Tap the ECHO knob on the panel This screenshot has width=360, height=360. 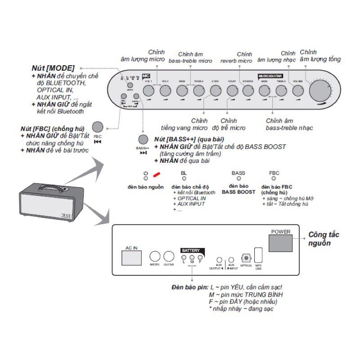coord(216,90)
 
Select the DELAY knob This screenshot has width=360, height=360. coord(232,90)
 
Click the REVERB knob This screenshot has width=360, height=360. coord(248,90)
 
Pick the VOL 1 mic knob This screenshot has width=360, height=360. coord(149,90)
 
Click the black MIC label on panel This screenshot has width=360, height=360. coord(145,76)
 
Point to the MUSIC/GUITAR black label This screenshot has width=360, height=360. coord(270,76)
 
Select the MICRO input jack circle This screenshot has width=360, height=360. coord(155,256)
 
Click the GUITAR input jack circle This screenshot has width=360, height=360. coord(169,256)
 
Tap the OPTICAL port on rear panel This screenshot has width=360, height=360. coord(246,258)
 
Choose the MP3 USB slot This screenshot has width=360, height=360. coord(258,255)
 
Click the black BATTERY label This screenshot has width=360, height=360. coord(191,250)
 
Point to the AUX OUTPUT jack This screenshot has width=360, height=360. coord(219,260)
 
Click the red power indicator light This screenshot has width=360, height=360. coord(157,175)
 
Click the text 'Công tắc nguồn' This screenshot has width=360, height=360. coord(324,238)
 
